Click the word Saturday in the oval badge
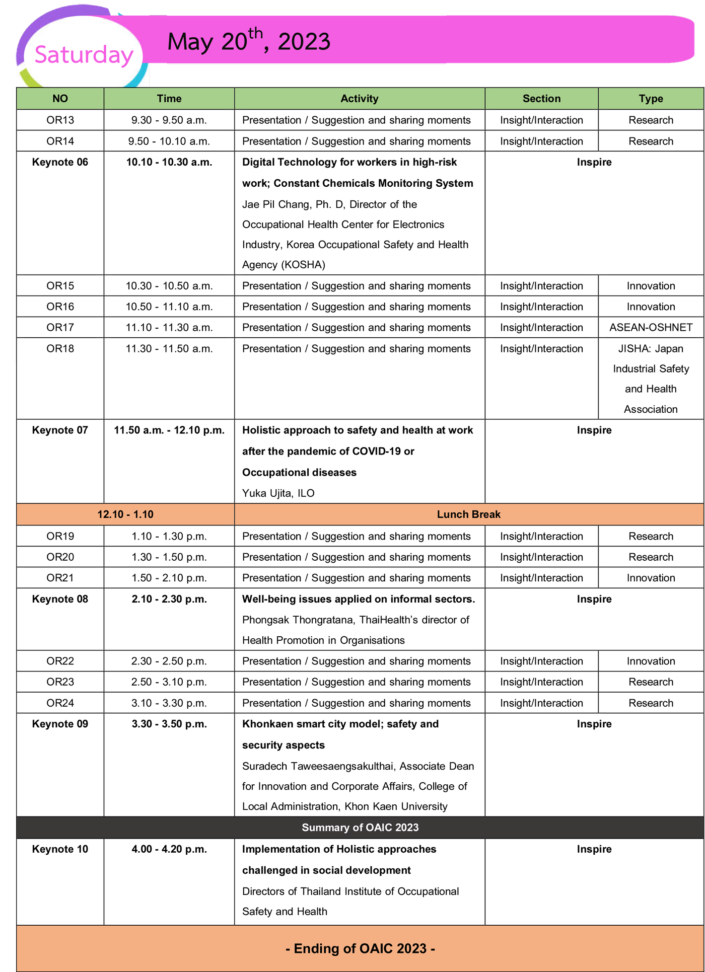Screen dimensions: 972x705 (84, 54)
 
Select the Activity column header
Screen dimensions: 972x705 (359, 99)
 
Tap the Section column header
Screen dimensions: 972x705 (541, 99)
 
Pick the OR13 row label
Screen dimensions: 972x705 (60, 120)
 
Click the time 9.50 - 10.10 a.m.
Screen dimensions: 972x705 (169, 141)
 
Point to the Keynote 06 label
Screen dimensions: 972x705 (60, 162)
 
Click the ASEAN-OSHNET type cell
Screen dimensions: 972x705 (651, 328)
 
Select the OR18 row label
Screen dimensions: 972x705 (60, 349)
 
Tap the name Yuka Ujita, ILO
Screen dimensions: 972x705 (278, 493)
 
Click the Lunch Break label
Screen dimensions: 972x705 (468, 514)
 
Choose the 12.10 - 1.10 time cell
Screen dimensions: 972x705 (125, 514)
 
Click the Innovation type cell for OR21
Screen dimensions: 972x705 (651, 578)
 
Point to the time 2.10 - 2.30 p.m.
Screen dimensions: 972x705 (169, 599)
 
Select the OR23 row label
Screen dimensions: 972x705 (60, 682)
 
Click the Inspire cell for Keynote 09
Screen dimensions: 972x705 (594, 724)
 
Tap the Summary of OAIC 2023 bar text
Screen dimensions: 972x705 (360, 828)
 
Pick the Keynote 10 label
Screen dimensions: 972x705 (60, 849)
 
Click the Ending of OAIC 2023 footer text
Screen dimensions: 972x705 (360, 949)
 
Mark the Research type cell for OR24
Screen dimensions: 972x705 (651, 703)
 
